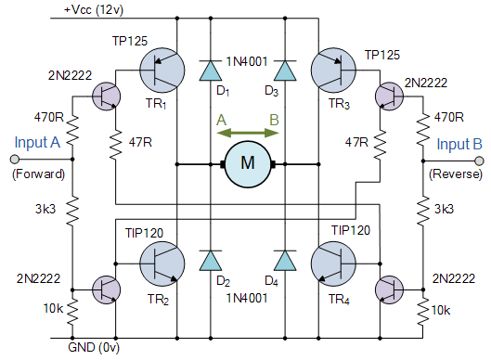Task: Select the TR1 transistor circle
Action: pos(162,71)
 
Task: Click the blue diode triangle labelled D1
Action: pos(210,71)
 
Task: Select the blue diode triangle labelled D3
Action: pos(284,71)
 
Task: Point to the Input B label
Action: pos(458,143)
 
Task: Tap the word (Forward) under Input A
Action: pos(38,174)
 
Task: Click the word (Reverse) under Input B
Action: pos(455,174)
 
